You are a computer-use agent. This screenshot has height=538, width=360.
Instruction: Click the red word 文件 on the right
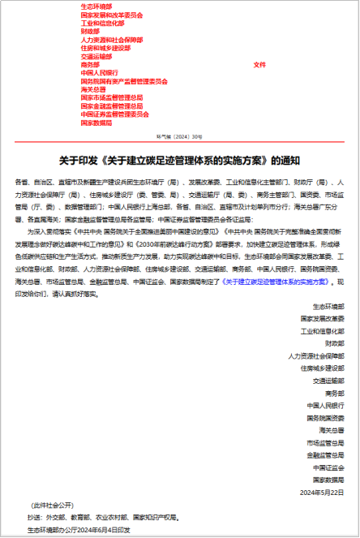(x=259, y=64)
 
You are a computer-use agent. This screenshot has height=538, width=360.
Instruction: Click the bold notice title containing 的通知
(x=179, y=159)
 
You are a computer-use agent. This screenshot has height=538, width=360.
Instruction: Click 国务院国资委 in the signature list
(x=325, y=417)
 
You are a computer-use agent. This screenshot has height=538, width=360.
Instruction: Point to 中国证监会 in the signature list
(x=328, y=467)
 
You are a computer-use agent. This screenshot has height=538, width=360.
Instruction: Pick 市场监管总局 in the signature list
(x=325, y=442)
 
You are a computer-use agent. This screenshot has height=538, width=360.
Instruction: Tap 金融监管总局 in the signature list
(x=325, y=454)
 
